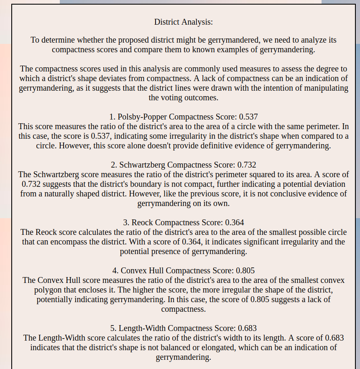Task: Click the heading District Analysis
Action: coord(184,22)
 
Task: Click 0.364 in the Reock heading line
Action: coord(235,222)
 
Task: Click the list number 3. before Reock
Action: coord(126,222)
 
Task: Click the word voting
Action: coord(172,98)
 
